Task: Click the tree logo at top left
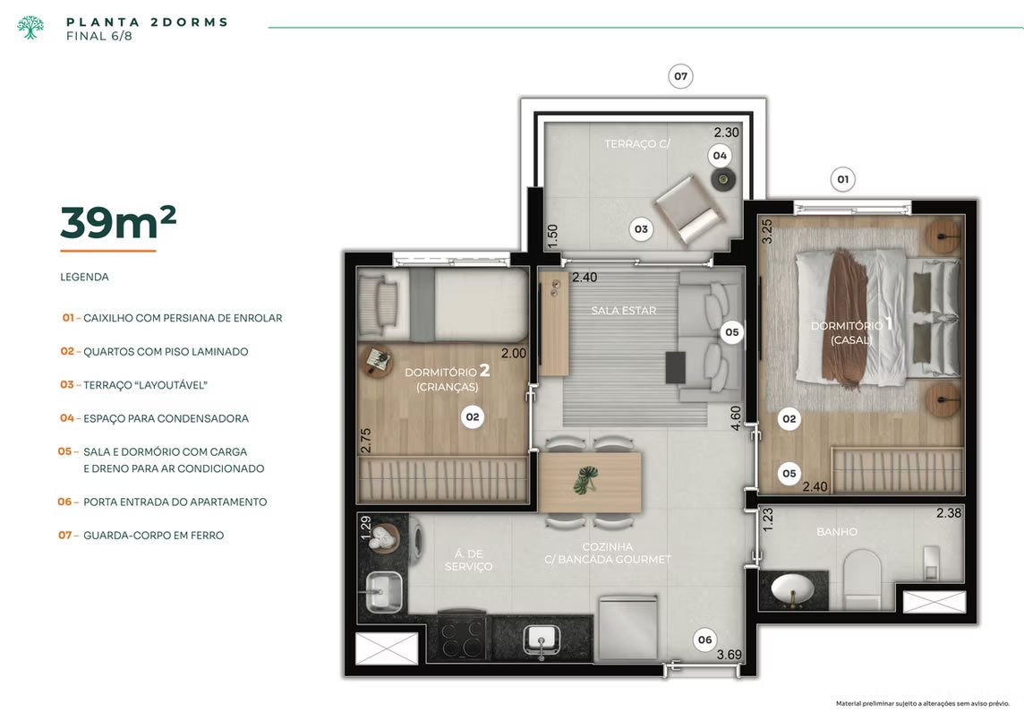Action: click(x=30, y=28)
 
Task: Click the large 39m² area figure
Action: click(x=118, y=222)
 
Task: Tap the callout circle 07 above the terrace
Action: click(x=680, y=76)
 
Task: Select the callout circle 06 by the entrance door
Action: click(x=704, y=640)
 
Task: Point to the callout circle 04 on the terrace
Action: click(x=720, y=156)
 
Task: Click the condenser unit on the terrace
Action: click(x=723, y=179)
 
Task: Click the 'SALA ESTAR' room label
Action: click(x=624, y=311)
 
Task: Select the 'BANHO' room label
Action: click(x=837, y=531)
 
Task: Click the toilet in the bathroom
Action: click(x=862, y=578)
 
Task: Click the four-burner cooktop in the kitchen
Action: click(x=462, y=637)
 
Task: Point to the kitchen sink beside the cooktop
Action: click(x=542, y=639)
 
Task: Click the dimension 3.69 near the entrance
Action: click(x=729, y=655)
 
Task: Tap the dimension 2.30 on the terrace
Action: click(x=726, y=132)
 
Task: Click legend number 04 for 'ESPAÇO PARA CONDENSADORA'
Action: click(x=66, y=417)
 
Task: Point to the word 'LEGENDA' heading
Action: click(x=84, y=277)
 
